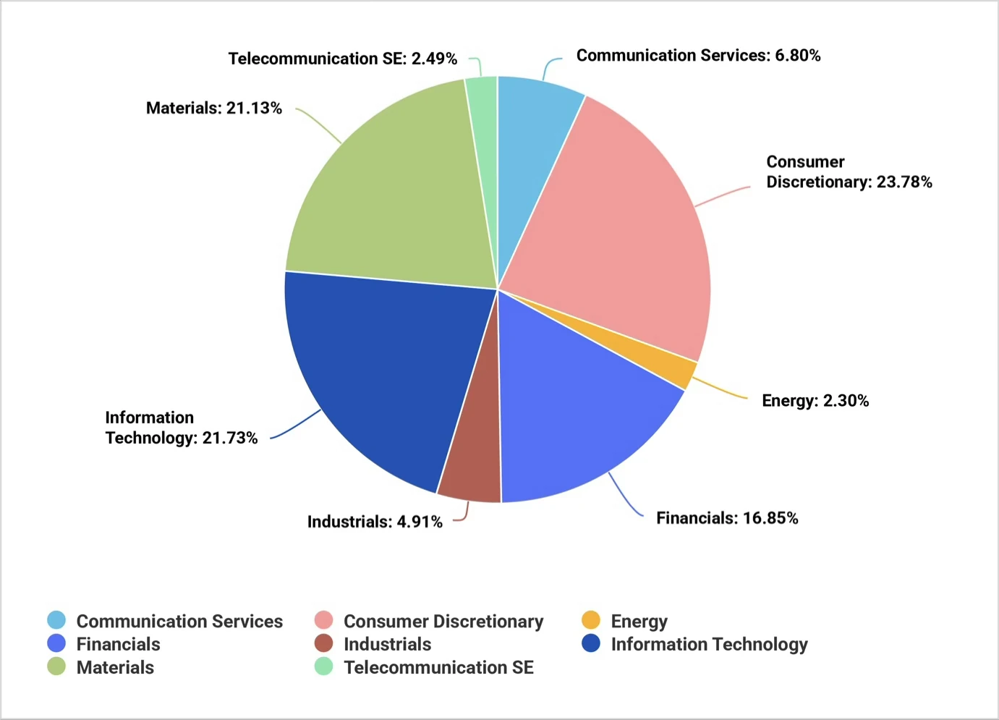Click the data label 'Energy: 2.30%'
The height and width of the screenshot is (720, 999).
(x=815, y=401)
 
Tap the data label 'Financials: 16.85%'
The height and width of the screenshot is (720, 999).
(x=727, y=518)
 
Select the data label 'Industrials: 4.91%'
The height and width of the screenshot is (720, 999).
(x=375, y=522)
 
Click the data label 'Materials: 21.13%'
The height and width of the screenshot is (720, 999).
(x=214, y=108)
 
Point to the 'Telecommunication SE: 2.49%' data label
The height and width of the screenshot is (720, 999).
(x=343, y=59)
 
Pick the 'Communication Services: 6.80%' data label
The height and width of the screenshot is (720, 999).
(x=698, y=56)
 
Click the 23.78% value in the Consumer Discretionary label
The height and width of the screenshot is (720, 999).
(x=904, y=182)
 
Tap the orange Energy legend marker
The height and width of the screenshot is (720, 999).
(x=591, y=620)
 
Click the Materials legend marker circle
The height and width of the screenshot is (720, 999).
(x=56, y=666)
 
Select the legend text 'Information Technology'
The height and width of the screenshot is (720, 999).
(x=709, y=644)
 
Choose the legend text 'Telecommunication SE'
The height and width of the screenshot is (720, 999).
(x=438, y=667)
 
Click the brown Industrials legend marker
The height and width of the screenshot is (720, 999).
(x=324, y=643)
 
